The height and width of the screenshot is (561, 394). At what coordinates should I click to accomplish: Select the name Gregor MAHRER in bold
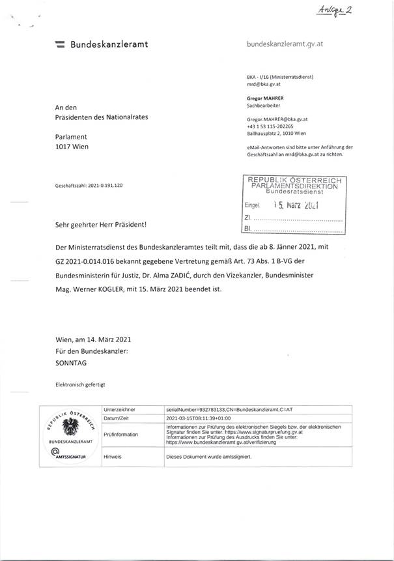(270, 98)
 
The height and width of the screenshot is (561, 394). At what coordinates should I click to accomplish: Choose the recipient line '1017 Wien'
(72, 147)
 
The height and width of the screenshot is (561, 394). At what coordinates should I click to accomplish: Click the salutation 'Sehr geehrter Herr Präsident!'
(101, 225)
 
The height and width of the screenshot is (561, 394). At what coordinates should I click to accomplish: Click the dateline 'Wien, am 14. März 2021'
(94, 339)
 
